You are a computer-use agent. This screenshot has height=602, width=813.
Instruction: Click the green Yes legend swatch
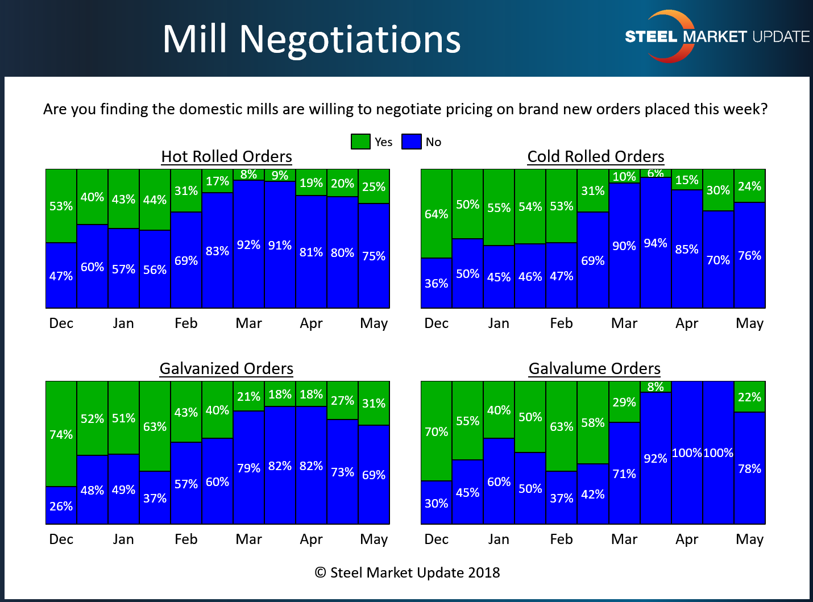pyautogui.click(x=360, y=142)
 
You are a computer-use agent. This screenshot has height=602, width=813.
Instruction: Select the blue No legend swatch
pyautogui.click(x=411, y=142)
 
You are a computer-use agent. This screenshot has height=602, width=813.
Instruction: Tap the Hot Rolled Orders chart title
pyautogui.click(x=226, y=156)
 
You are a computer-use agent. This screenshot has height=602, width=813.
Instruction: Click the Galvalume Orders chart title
pyautogui.click(x=594, y=368)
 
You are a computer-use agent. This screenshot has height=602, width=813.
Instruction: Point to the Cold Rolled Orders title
pyautogui.click(x=595, y=156)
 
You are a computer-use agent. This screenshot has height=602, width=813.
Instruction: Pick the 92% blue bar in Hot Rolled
pyautogui.click(x=248, y=244)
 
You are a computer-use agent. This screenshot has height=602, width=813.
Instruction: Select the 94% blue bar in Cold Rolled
pyautogui.click(x=656, y=243)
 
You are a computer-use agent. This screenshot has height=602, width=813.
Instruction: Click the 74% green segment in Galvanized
pyautogui.click(x=61, y=434)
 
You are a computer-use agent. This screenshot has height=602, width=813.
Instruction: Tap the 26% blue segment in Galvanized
pyautogui.click(x=61, y=505)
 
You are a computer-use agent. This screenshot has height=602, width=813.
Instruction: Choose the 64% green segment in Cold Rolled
pyautogui.click(x=436, y=214)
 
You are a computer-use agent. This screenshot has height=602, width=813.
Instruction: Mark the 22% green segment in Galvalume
pyautogui.click(x=749, y=397)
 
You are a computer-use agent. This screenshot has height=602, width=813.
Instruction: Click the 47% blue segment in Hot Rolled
pyautogui.click(x=61, y=276)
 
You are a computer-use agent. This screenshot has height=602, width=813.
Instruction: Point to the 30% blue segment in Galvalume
pyautogui.click(x=436, y=503)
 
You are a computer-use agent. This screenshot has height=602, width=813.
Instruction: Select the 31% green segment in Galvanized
pyautogui.click(x=374, y=403)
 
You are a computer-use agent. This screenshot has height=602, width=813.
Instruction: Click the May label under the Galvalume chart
pyautogui.click(x=749, y=539)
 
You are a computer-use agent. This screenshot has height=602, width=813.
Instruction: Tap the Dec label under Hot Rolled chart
pyautogui.click(x=61, y=323)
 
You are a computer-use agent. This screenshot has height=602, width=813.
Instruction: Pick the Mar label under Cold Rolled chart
pyautogui.click(x=624, y=323)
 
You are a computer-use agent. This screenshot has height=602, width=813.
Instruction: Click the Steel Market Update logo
pyautogui.click(x=716, y=36)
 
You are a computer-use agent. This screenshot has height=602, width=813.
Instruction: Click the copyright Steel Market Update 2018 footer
pyautogui.click(x=407, y=572)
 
